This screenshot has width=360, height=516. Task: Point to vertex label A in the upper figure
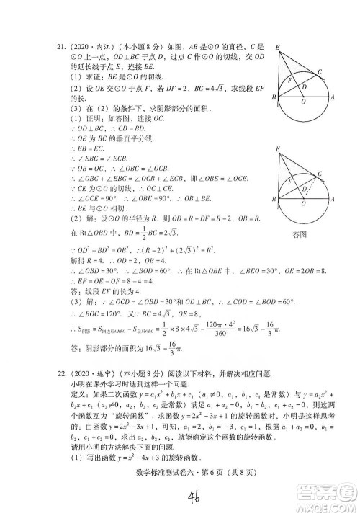pos(332,97)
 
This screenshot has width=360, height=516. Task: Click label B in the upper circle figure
pos(274,97)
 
